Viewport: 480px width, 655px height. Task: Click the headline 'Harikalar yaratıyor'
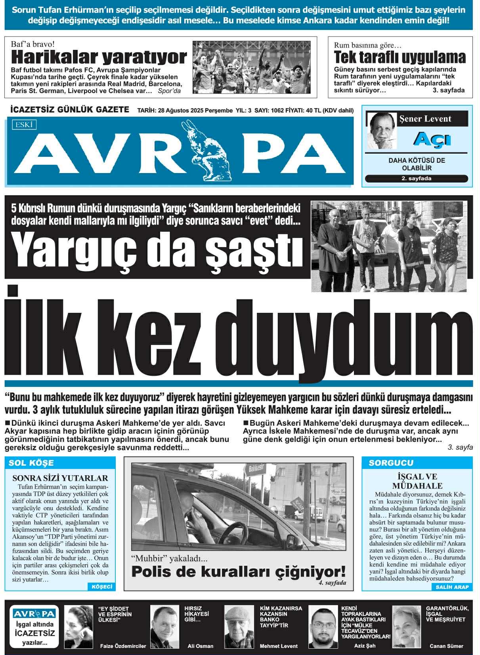click(99, 57)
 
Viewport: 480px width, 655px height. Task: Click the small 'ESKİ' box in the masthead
click(24, 125)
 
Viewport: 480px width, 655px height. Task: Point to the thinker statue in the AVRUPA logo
click(207, 150)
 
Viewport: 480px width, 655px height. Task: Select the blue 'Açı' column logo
click(432, 139)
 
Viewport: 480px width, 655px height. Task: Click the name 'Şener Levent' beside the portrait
click(425, 119)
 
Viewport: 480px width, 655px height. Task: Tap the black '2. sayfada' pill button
click(416, 179)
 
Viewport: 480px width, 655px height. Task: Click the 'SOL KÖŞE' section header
click(31, 463)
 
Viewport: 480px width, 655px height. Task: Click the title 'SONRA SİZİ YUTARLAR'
click(60, 478)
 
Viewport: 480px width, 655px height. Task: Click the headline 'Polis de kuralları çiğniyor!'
click(238, 571)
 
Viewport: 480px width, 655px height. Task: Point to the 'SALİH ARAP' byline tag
click(452, 587)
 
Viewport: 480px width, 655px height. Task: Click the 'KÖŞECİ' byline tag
click(102, 586)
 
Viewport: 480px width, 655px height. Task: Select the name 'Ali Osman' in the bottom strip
click(200, 646)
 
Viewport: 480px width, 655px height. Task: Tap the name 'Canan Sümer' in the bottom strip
click(446, 646)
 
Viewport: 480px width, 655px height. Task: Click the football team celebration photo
click(251, 67)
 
